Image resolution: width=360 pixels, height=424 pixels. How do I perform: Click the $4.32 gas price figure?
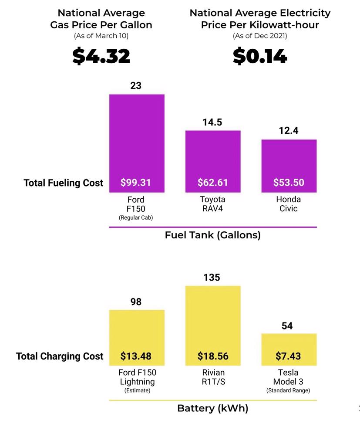(x=101, y=56)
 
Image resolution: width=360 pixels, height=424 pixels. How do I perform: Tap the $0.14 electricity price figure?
(x=260, y=56)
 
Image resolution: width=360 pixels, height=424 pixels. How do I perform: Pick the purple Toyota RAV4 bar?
(x=213, y=153)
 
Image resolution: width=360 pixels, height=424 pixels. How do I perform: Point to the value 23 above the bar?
(x=136, y=85)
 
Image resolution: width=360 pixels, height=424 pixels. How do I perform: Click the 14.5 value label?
(x=212, y=122)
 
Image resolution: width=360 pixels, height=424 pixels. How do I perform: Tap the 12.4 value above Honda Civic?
(x=289, y=130)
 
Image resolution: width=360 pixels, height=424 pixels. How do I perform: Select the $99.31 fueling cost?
(x=136, y=183)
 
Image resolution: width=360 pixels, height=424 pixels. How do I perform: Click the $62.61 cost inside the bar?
(x=212, y=183)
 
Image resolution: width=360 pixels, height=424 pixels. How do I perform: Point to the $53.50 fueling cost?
(x=289, y=183)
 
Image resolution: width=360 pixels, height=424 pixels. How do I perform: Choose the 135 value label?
(x=212, y=278)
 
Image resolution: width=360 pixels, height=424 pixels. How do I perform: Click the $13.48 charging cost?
(x=136, y=356)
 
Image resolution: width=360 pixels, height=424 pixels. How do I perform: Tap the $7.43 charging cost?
(x=288, y=356)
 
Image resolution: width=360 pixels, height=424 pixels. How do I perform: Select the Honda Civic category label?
(x=289, y=204)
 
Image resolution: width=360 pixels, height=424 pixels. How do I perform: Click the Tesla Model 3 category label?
(x=288, y=377)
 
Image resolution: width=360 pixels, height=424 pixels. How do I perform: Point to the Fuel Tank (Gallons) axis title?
(x=212, y=235)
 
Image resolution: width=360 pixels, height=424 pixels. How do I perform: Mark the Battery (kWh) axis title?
(x=212, y=408)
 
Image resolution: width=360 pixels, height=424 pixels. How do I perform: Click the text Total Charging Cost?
(x=60, y=356)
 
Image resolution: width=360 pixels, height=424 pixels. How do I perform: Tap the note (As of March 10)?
(x=101, y=36)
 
